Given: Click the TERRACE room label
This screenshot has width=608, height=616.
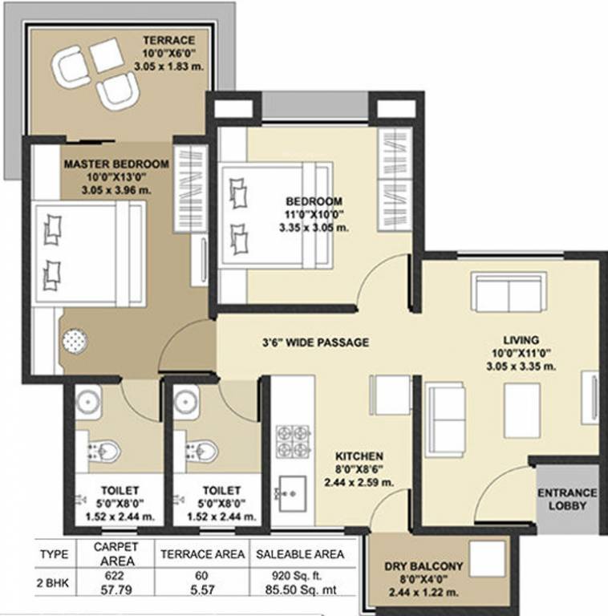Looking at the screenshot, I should point(168,40).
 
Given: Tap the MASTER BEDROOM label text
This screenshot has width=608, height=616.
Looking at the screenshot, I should point(116,164).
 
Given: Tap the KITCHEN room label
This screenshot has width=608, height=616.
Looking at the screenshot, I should point(359,456).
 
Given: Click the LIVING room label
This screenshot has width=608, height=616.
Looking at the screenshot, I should point(521,339).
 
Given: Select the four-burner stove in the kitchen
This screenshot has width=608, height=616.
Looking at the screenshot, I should point(294,440).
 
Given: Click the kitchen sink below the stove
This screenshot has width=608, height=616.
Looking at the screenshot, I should point(290,489).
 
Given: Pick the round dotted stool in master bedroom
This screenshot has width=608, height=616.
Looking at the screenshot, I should point(75,339).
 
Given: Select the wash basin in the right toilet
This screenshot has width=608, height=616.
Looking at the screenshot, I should point(186,399).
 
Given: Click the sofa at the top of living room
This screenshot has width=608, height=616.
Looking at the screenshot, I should point(509,292).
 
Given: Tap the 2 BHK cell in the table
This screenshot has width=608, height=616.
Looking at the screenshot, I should point(54,582).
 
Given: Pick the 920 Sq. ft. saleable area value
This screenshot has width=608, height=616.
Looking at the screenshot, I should point(298,576).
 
